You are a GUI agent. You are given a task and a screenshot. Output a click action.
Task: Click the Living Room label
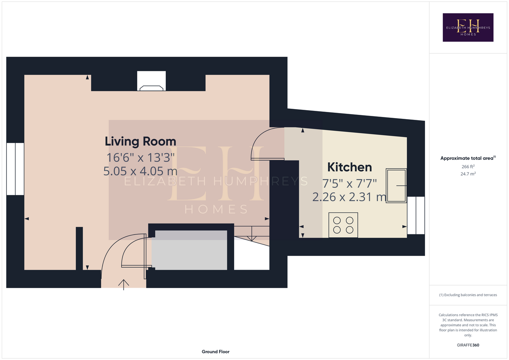[x=140, y=141]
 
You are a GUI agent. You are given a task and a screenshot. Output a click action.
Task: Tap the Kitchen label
[x=349, y=167]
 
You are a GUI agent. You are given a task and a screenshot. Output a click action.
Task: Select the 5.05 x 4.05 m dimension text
[x=140, y=171]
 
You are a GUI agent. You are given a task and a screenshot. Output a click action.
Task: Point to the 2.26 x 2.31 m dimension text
[x=349, y=197]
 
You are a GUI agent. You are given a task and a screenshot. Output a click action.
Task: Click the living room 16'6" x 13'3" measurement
[x=140, y=157]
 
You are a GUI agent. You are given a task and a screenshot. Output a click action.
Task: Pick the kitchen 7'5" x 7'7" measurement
[x=349, y=183]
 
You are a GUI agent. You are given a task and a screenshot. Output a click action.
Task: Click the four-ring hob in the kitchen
[x=343, y=225]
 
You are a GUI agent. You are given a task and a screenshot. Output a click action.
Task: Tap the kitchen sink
[x=396, y=185]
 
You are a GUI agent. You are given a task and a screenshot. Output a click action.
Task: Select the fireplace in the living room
[x=151, y=81]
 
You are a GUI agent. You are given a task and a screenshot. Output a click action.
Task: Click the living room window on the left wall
[x=15, y=169]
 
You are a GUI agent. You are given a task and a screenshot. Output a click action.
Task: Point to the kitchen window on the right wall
[x=416, y=215]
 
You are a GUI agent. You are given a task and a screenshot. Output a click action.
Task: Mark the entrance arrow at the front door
[x=124, y=285]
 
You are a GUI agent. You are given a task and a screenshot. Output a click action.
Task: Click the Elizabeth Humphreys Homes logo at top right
[x=468, y=27]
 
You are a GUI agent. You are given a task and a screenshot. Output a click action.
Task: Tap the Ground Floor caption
[x=215, y=352]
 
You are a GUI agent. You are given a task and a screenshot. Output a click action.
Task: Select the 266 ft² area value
[x=468, y=166]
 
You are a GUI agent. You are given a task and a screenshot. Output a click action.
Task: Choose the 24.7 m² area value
[x=468, y=174]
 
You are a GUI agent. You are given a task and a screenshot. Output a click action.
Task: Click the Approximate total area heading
[x=468, y=158]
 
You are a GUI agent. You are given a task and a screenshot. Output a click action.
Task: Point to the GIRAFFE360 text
[x=468, y=345]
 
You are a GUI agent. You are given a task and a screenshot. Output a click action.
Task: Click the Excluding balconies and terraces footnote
[x=468, y=295]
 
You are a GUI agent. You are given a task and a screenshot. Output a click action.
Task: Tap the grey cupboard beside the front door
[x=189, y=250]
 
